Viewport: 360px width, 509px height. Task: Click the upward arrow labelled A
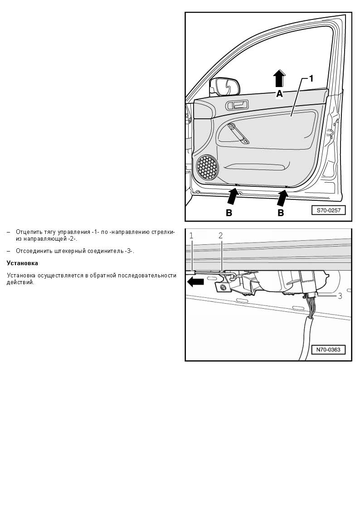coord(279,78)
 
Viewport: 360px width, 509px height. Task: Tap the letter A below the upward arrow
coord(279,94)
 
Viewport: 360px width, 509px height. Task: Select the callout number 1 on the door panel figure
coord(311,78)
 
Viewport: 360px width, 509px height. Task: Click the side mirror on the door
coord(225,87)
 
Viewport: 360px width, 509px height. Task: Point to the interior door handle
coord(237,105)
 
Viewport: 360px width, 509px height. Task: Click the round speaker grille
coord(207,168)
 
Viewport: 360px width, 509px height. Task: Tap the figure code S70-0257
coord(329,210)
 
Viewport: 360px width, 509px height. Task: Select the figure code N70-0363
coord(328,349)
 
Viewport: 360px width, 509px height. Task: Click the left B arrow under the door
coord(233,196)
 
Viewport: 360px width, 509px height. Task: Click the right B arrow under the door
coord(282,198)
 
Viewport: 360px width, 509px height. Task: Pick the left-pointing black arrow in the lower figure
coord(196,282)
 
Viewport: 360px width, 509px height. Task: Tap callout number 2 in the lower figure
coord(221,236)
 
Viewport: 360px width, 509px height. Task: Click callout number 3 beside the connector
coord(340,296)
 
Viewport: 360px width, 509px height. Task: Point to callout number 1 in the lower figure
coord(191,236)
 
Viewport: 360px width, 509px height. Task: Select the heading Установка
coord(22,263)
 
